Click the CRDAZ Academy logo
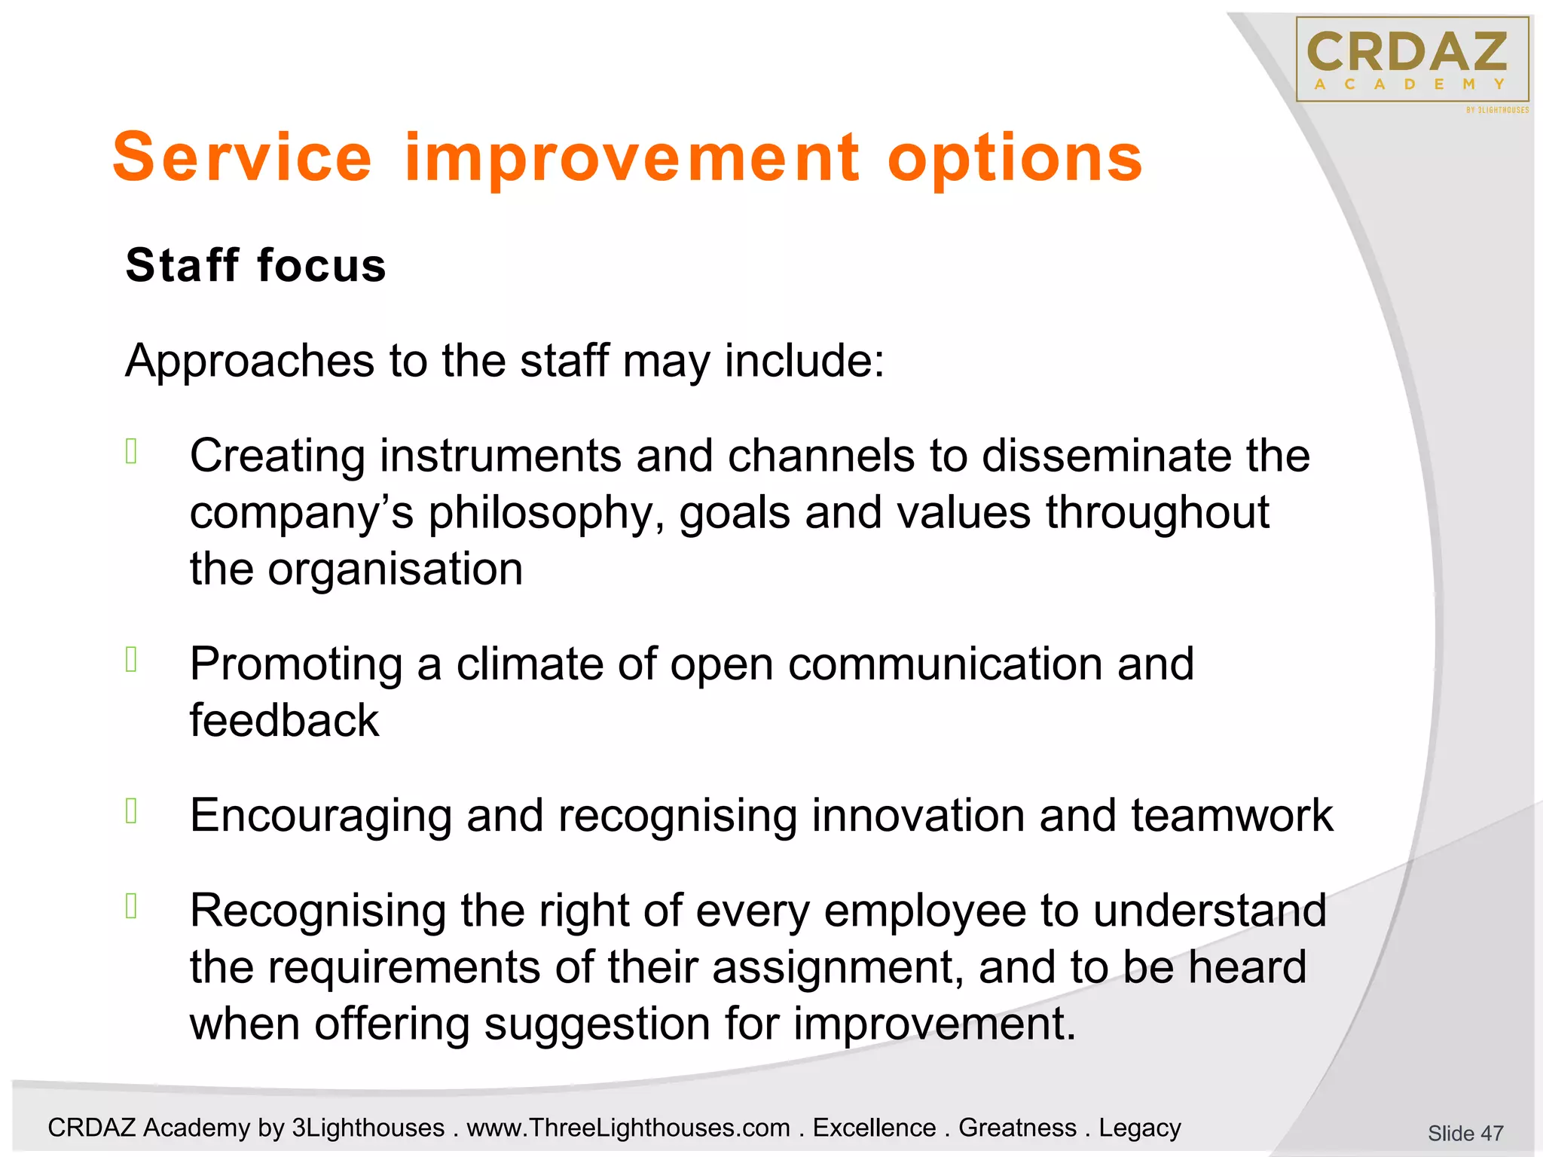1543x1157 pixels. [1412, 60]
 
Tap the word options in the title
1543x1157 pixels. [1015, 160]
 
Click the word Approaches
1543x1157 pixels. [249, 362]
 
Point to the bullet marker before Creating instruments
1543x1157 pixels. [131, 451]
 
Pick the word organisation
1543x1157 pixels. [396, 569]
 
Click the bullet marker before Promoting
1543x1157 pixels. [131, 659]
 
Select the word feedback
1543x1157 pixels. [284, 720]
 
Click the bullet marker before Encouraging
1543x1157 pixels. [131, 811]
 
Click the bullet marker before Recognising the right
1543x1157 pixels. [131, 906]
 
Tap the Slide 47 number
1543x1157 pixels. [1465, 1133]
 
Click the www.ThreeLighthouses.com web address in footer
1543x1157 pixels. [628, 1128]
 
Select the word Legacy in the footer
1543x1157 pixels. [1139, 1128]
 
